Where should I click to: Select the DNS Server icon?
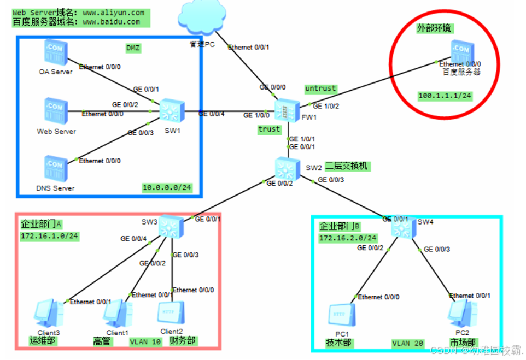55,168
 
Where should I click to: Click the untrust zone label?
320,88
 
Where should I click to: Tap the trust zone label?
269,129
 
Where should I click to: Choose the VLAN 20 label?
407,344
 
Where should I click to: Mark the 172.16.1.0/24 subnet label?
50,237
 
